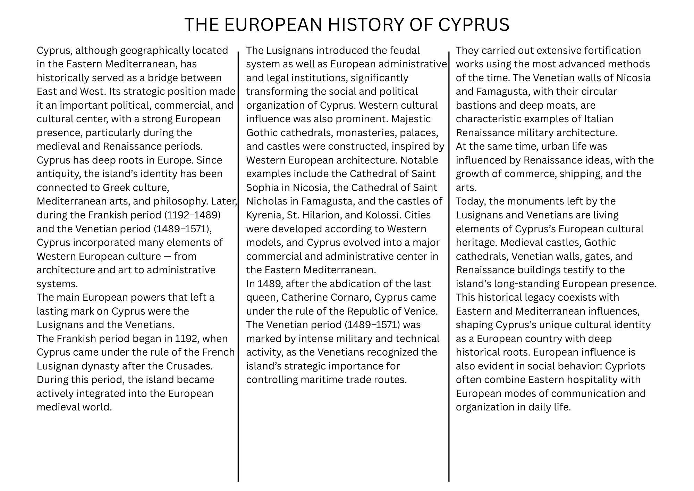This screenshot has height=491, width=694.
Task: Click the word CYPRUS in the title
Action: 474,25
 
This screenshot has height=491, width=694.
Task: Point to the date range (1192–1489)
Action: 193,215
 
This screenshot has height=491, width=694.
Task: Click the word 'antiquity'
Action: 59,174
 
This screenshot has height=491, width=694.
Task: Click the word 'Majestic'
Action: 411,119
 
